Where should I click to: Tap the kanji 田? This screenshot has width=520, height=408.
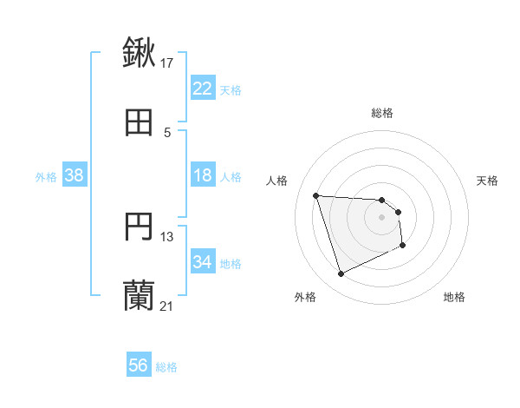pyautogui.click(x=139, y=123)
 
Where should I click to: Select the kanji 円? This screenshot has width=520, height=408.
pyautogui.click(x=139, y=227)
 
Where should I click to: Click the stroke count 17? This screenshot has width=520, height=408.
pyautogui.click(x=167, y=63)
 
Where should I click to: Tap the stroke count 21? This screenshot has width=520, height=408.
pyautogui.click(x=167, y=306)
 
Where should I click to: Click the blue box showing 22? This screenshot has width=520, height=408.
pyautogui.click(x=202, y=89)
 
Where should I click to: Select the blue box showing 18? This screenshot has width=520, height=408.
pyautogui.click(x=202, y=175)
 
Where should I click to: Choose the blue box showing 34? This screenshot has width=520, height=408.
pyautogui.click(x=202, y=262)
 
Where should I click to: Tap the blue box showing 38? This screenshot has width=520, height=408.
pyautogui.click(x=74, y=175)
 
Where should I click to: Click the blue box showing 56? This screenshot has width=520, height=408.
pyautogui.click(x=138, y=365)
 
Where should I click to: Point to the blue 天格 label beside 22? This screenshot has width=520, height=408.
pyautogui.click(x=231, y=90)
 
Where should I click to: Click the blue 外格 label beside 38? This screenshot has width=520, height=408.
pyautogui.click(x=46, y=177)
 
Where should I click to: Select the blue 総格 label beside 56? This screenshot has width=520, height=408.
pyautogui.click(x=166, y=367)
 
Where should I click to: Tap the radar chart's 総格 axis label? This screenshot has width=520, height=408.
pyautogui.click(x=382, y=113)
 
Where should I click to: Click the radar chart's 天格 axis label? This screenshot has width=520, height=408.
pyautogui.click(x=488, y=181)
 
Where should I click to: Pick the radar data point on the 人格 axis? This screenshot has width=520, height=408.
pyautogui.click(x=316, y=195)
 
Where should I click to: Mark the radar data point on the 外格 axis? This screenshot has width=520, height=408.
pyautogui.click(x=341, y=274)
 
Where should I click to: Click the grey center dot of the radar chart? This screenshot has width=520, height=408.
pyautogui.click(x=382, y=217)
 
